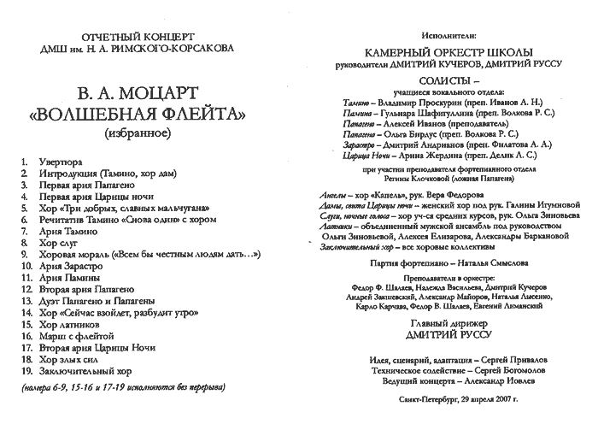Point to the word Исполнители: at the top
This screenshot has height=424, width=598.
(x=444, y=38)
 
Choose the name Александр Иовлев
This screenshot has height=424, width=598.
(x=484, y=382)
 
